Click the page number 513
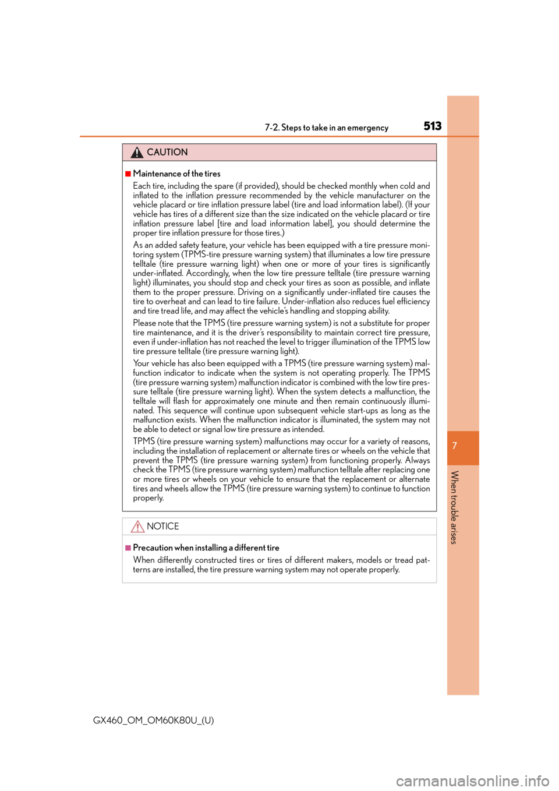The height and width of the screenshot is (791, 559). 432,126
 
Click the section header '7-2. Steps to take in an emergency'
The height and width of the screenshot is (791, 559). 327,128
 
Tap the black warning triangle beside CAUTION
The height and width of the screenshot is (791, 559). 137,153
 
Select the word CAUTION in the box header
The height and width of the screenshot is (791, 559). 167,152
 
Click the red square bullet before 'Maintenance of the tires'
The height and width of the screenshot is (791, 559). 128,174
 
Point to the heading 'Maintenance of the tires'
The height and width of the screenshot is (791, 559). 176,174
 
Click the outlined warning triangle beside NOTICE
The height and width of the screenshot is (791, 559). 137,527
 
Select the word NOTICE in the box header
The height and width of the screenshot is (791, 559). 162,526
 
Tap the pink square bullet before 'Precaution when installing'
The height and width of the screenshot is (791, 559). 128,548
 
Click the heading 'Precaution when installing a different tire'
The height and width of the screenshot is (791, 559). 206,548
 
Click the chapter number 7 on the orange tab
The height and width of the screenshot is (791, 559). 455,446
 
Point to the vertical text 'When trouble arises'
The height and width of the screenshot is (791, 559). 455,507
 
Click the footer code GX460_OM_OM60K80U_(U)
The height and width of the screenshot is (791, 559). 154,721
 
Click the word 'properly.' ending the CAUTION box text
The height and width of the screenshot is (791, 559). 148,498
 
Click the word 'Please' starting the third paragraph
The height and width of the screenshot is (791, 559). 144,323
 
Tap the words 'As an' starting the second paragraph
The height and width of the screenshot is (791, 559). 143,245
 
